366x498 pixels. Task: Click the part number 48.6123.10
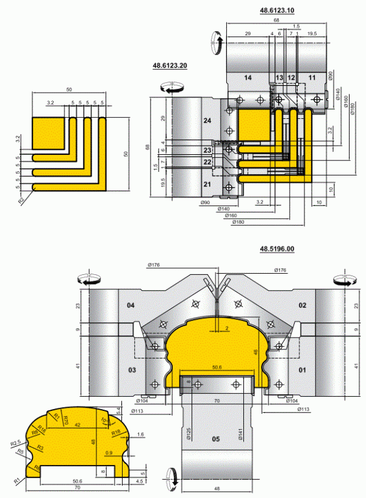pos(277,11)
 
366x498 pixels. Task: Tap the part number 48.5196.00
pos(277,249)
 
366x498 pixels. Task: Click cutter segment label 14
pos(247,77)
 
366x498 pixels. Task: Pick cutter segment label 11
pos(312,77)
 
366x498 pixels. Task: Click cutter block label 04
pos(130,305)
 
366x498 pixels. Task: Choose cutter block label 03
pos(130,370)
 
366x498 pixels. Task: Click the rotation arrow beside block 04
pos(86,280)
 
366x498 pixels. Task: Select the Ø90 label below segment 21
pos(205,202)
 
